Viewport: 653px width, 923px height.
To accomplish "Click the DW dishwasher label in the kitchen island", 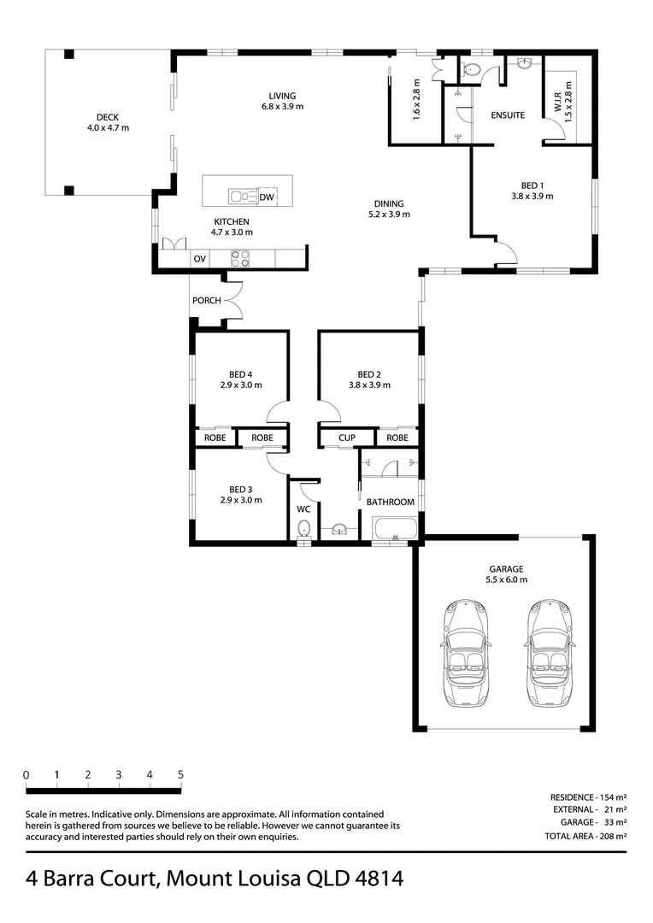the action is coord(267,197).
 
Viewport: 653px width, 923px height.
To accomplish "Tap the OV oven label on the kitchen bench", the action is coord(200,258).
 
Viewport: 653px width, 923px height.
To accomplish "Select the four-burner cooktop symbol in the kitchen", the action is coord(239,258).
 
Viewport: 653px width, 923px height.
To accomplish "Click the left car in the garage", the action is coord(464,654).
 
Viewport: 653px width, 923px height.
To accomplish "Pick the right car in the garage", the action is coord(548,654).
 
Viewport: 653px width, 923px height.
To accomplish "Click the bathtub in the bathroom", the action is coord(395,529).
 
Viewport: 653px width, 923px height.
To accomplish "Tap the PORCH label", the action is coord(207,300).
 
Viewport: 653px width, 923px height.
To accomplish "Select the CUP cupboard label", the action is coord(347,438).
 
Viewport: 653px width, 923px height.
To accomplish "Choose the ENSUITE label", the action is coord(508,115).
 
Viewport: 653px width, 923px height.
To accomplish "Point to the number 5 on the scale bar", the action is coord(180,774).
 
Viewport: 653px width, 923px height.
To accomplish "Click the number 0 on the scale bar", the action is coord(26,774).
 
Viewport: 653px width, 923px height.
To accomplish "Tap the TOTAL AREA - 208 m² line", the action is coord(585,836).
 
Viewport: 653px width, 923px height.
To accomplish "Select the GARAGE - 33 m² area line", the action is coord(593,822).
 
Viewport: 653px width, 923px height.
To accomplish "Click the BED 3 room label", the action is coord(241,489).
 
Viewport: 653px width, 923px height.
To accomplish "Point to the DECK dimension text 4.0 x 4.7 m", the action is coord(108,127).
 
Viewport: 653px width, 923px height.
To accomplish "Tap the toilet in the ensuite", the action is coord(472,70).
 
